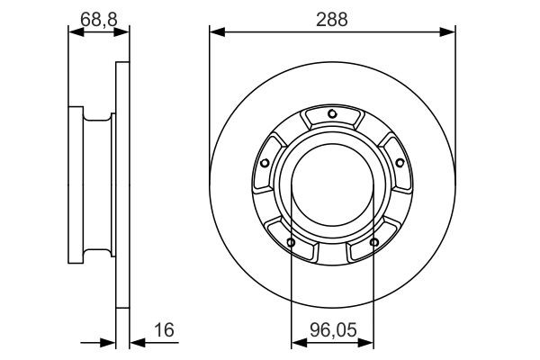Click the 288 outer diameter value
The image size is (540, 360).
point(333,17)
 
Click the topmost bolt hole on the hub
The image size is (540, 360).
point(332,113)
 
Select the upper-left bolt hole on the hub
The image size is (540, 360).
point(265,163)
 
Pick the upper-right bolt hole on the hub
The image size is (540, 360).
point(399,162)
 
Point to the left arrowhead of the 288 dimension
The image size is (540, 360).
point(214,33)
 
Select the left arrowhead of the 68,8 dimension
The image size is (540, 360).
point(74,33)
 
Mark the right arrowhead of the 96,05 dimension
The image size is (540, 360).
point(369,343)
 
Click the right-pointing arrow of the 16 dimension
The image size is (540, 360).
point(110,343)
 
